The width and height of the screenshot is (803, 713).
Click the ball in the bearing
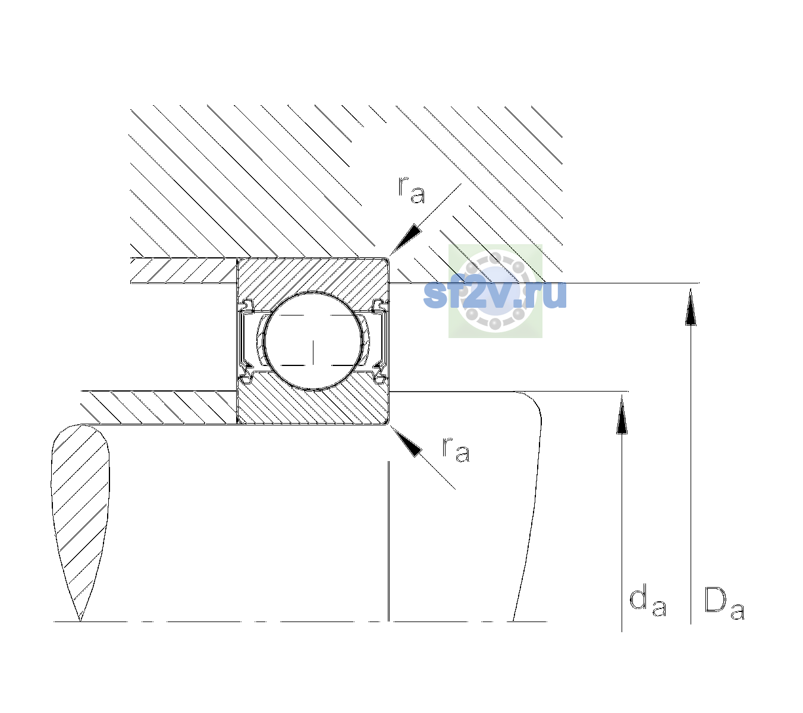point(313,341)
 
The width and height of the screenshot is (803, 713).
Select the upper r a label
point(412,190)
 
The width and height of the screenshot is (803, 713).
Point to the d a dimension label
point(648,602)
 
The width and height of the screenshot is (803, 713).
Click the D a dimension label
point(724,603)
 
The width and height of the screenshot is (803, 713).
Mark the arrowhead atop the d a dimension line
point(622,414)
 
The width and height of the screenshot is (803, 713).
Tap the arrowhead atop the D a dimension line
point(691,307)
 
